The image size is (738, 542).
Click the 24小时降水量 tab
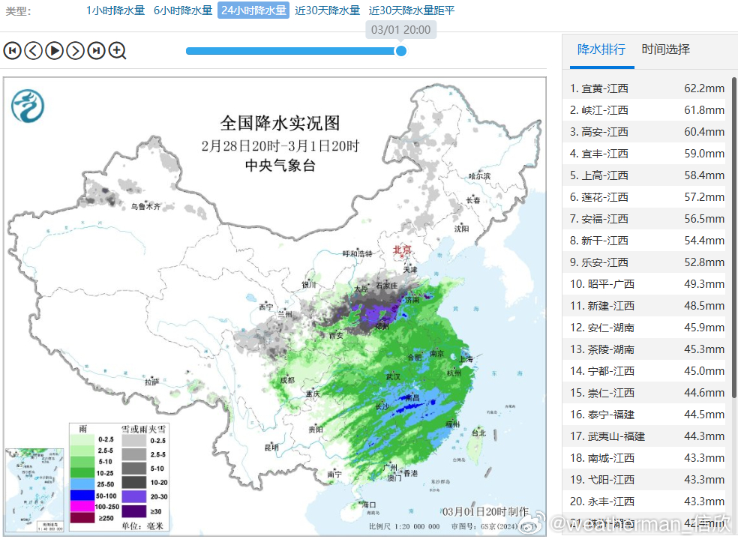(253, 10)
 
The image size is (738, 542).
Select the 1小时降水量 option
(115, 10)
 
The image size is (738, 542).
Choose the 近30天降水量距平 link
(412, 10)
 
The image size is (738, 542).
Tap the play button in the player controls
(54, 50)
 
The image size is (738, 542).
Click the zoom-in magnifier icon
(118, 50)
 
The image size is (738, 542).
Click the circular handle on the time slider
(401, 51)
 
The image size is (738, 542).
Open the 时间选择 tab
(665, 49)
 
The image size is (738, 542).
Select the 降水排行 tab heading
(601, 49)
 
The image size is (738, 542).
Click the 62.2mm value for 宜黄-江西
(704, 88)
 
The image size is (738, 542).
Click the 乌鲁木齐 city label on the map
(145, 205)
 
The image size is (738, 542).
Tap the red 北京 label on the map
(403, 250)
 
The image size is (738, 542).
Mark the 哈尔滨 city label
(479, 176)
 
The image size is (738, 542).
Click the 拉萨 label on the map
(152, 381)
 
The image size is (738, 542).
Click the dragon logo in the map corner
(27, 106)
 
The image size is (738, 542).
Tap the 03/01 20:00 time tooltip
(401, 30)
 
